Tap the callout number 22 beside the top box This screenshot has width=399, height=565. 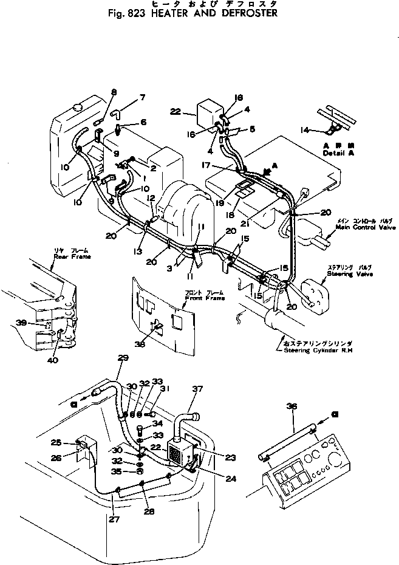click(176, 111)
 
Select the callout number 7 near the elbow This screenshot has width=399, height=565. click(143, 97)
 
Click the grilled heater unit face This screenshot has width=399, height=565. click(176, 453)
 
